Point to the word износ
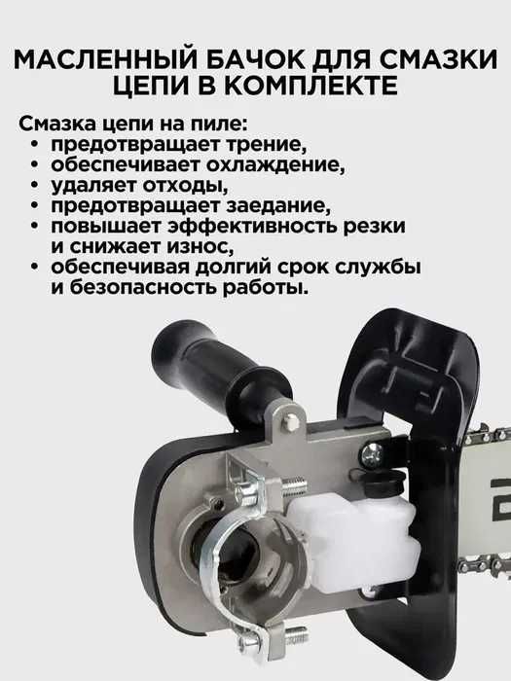click(x=201, y=247)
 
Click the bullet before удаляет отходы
click(x=35, y=186)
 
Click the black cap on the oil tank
click(x=384, y=482)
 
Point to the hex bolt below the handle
click(x=290, y=421)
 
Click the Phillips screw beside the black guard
click(x=372, y=454)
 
